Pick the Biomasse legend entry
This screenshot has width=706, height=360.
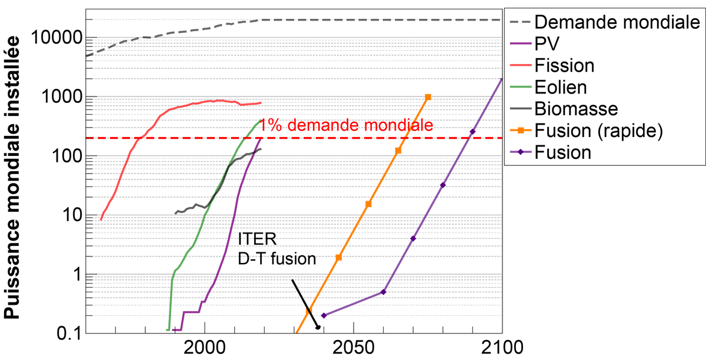(576, 109)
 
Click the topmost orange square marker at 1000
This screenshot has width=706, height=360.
(428, 96)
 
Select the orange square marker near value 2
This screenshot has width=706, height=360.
(338, 257)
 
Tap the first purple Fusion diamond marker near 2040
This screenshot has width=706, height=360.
(323, 316)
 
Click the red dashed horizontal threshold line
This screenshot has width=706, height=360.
(176, 138)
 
